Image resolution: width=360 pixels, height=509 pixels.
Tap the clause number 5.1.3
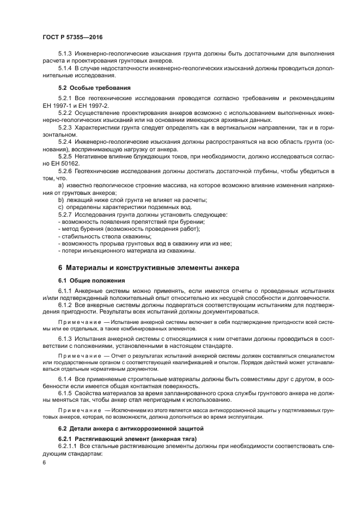point(65,53)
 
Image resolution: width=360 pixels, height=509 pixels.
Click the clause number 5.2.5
point(65,156)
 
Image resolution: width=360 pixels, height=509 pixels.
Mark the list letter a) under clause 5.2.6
point(61,186)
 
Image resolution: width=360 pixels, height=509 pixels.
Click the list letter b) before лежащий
point(61,200)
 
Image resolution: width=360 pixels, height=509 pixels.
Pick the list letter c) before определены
point(61,207)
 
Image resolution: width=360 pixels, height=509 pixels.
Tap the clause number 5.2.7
point(65,214)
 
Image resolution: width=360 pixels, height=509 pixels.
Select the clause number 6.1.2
point(65,305)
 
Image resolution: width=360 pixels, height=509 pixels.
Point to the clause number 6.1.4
point(65,378)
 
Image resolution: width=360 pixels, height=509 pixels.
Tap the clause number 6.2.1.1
point(67,446)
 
